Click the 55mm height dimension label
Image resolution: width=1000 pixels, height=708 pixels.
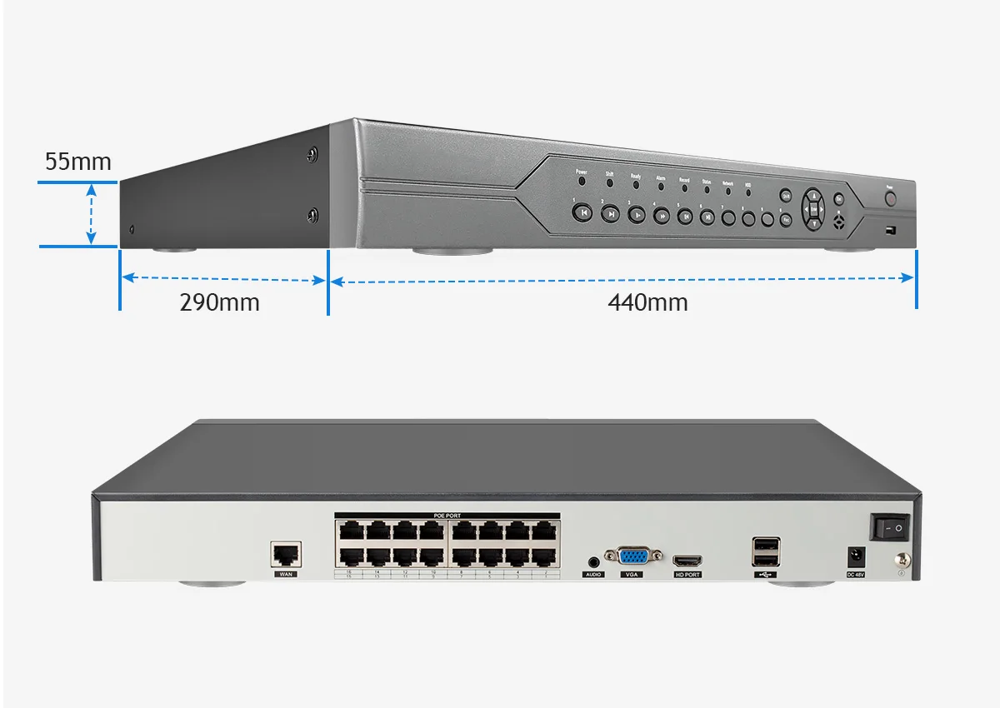pos(77,162)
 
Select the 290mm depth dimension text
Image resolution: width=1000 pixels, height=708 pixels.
pos(219,302)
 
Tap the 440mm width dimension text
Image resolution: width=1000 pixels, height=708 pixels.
pos(647,302)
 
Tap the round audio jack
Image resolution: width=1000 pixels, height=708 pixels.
pos(593,563)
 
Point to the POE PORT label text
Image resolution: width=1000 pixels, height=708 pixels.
pos(447,516)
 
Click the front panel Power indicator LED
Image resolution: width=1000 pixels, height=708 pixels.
pos(582,181)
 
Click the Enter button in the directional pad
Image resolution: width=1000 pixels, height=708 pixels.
pos(813,209)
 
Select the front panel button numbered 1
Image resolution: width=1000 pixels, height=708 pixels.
pos(582,212)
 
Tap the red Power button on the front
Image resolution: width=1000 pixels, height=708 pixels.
pos(890,200)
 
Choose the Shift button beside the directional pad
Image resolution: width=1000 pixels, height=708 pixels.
pos(785,196)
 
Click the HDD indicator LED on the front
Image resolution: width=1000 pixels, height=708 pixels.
pos(748,192)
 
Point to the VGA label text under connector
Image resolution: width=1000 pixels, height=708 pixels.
pos(630,575)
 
